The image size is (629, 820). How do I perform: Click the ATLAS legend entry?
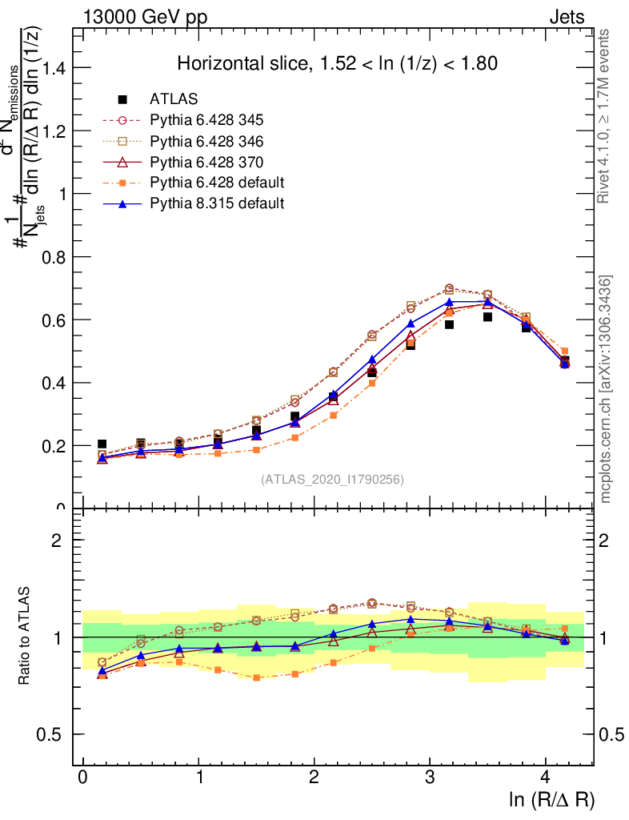(x=169, y=99)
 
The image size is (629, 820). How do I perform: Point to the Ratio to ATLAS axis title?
(x=24, y=637)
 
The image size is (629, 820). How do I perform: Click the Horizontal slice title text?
(x=338, y=63)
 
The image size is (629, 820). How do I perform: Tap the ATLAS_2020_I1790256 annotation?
(x=332, y=480)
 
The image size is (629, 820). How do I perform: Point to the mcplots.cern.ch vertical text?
(x=606, y=389)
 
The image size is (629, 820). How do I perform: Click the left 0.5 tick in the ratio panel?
(x=54, y=734)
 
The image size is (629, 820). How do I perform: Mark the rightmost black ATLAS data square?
(x=565, y=361)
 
